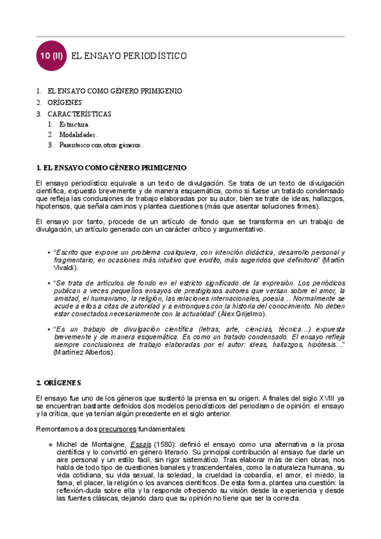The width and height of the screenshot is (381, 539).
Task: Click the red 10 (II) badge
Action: [50, 56]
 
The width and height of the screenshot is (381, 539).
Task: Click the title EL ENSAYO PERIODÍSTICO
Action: [130, 56]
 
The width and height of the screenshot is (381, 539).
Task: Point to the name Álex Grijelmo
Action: [243, 314]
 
